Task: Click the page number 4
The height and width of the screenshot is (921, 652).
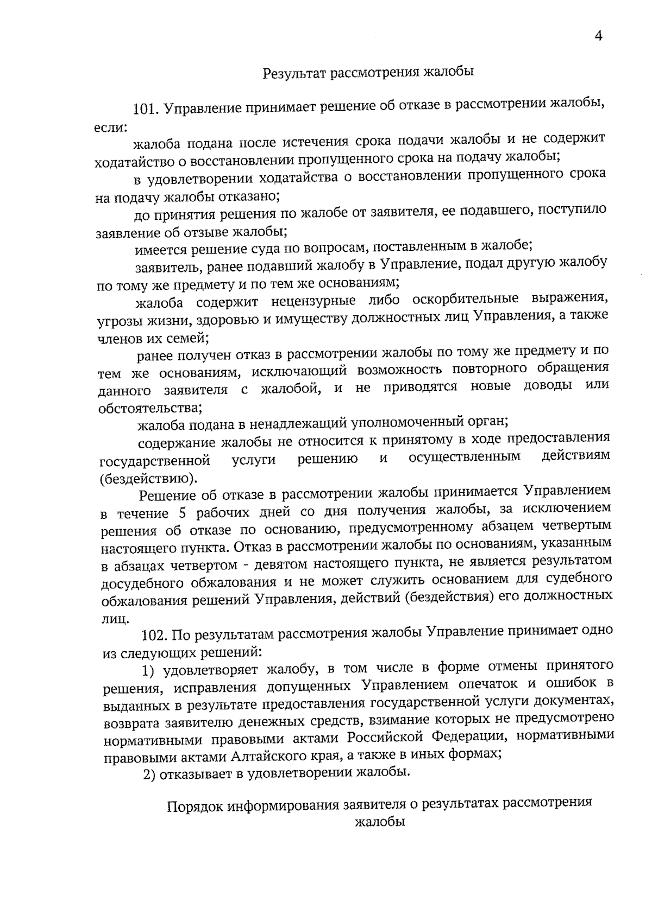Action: click(599, 36)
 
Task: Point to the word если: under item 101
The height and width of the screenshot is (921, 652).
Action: click(110, 127)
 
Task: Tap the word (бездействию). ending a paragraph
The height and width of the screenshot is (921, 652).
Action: click(148, 478)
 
